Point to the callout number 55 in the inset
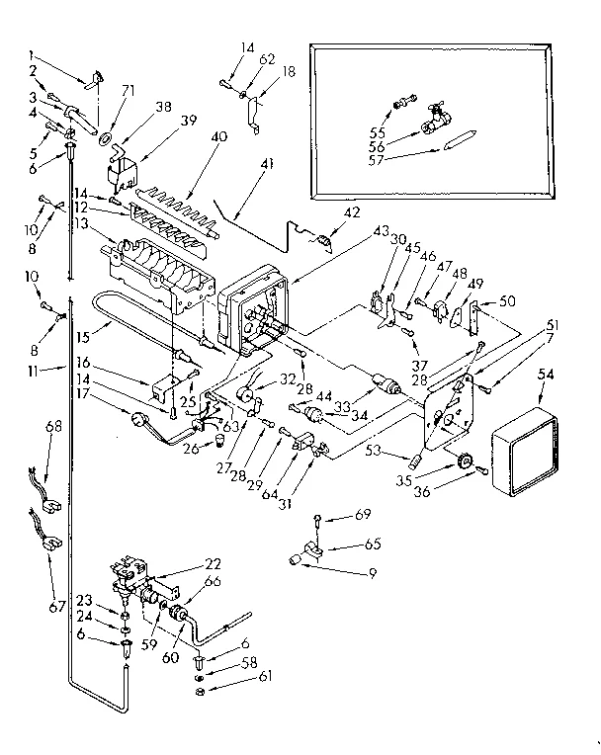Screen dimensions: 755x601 click(x=377, y=130)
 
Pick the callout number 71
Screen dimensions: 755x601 click(x=101, y=89)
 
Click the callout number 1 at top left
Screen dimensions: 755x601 click(x=33, y=54)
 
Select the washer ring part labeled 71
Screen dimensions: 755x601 click(x=103, y=129)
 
